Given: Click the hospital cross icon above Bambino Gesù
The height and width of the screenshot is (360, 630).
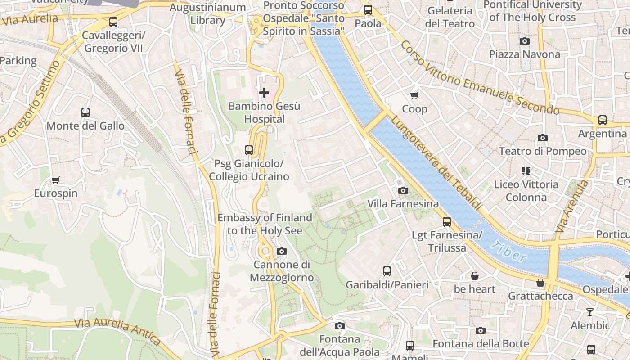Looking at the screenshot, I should tap(264, 93).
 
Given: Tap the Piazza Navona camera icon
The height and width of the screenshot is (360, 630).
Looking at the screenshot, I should tap(524, 41).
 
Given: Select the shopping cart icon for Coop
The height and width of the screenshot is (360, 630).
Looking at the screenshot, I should tap(414, 95).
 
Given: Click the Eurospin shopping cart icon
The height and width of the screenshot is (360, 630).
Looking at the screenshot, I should tap(56, 180).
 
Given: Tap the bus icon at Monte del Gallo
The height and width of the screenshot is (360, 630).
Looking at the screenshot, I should tap(85, 112).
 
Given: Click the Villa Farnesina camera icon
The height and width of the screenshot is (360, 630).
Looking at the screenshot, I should tap(403, 191).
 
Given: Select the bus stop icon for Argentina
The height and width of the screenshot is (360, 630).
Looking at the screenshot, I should tap(602, 120).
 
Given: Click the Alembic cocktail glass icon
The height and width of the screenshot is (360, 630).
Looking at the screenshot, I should tap(590, 312).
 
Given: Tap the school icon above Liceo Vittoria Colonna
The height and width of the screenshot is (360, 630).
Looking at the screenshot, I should tap(526, 171).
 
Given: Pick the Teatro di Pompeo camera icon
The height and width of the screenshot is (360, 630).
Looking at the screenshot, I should tap(543, 138).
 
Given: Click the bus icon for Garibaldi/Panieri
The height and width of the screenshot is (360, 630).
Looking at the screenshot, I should tap(387, 271).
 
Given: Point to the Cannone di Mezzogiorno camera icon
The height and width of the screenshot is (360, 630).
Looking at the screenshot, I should tap(282, 251).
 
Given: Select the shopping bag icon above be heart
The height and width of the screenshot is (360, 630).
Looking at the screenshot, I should tap(474, 276).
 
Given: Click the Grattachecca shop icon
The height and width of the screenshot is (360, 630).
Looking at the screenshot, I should tap(540, 283).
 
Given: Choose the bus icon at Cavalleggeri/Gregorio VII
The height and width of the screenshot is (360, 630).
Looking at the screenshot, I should tap(113, 22).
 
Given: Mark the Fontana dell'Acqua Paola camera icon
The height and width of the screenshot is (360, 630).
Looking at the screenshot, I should tap(340, 326).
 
